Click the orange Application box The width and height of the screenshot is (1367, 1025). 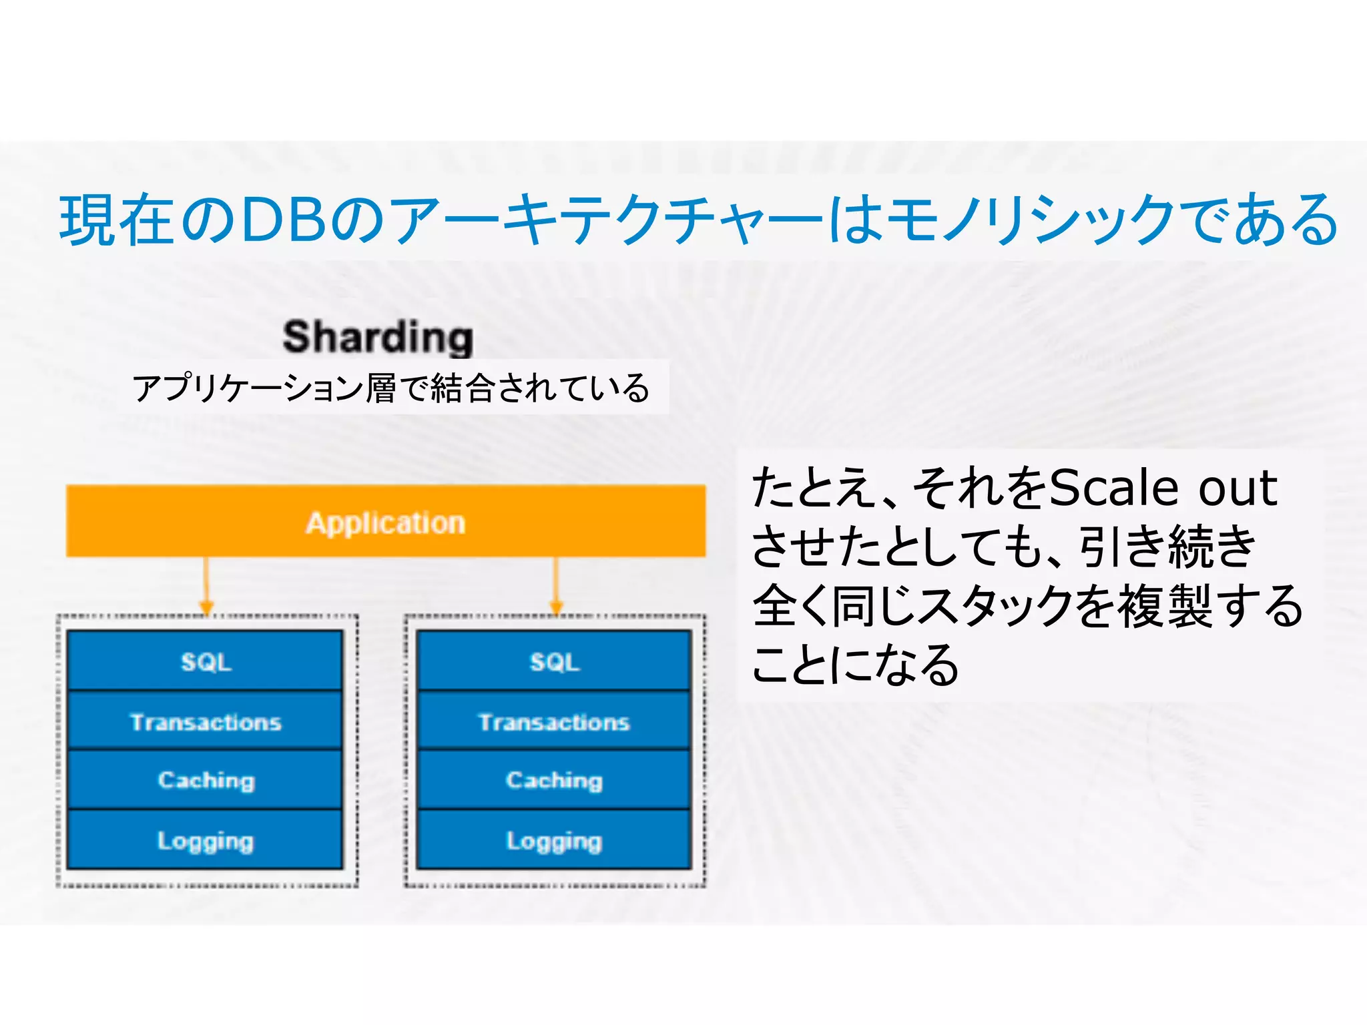386,521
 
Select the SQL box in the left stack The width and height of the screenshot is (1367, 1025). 206,661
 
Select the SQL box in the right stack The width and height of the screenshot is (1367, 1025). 554,661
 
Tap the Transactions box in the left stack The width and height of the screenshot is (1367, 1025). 206,721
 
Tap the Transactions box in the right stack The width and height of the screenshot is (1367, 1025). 554,721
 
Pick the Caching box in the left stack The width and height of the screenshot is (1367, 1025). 206,780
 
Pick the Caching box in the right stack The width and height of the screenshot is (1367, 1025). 554,780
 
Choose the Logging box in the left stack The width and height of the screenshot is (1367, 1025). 206,840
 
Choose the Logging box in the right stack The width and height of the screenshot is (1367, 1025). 554,840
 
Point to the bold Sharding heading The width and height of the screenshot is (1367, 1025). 378,336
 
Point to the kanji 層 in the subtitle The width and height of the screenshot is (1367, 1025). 381,388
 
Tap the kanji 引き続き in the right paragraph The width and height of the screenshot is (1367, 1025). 1168,547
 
